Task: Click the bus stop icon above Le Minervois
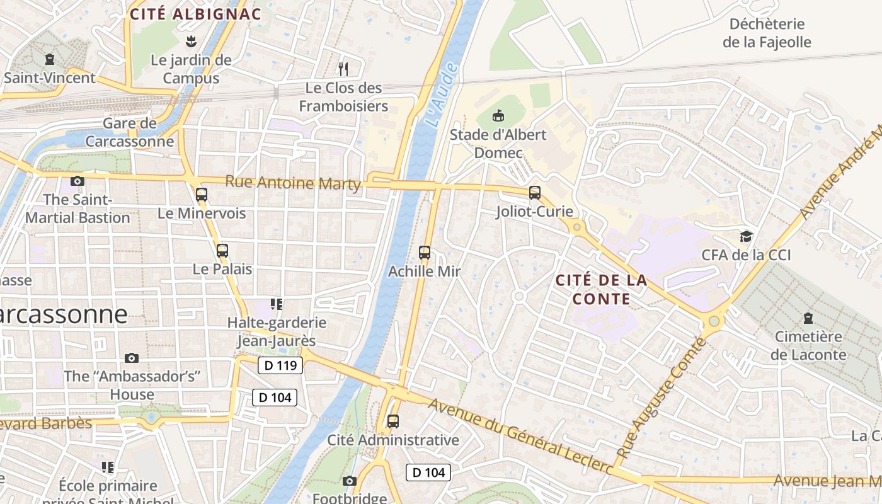tap(202, 194)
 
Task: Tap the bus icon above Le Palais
tap(222, 250)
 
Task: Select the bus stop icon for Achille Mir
tap(425, 253)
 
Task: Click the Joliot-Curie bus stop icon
tap(535, 193)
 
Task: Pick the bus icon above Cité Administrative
tap(393, 421)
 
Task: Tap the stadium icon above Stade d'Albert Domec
tap(498, 115)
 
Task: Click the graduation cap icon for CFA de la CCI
tap(746, 236)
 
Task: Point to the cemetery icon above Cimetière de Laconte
tap(808, 318)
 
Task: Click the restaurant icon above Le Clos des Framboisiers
tap(343, 69)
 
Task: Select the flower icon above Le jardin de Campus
tap(191, 42)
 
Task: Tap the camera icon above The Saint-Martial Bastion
tap(77, 181)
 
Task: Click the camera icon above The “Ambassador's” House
tap(131, 358)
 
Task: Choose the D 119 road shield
tap(280, 365)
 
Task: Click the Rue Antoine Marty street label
tap(293, 183)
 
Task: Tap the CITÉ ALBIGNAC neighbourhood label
tap(195, 14)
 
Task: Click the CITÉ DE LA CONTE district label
tap(601, 289)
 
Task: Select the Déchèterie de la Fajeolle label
tap(767, 33)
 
